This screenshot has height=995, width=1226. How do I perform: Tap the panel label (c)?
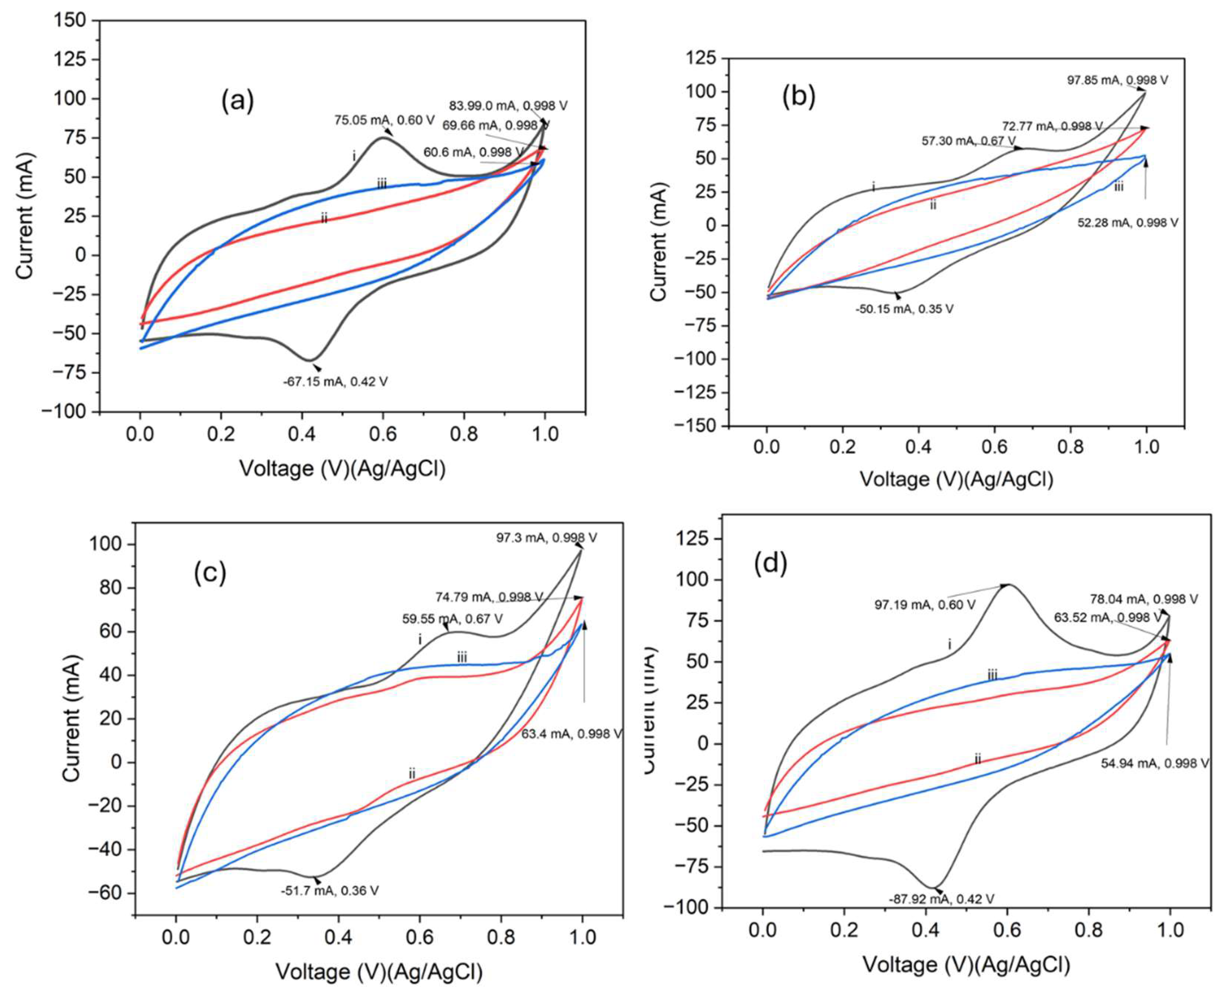pos(210,573)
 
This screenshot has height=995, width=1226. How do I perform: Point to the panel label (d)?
pos(772,564)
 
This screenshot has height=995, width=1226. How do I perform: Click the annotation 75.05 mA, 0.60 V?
pos(384,120)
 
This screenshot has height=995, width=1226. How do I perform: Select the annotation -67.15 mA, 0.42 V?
pos(335,381)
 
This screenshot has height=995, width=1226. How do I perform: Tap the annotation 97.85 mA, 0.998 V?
pos(1117,80)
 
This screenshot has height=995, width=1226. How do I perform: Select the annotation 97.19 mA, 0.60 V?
pos(925,605)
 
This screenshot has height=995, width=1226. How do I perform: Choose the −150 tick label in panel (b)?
pos(696,426)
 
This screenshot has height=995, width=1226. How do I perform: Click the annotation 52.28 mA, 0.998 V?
pos(1127,223)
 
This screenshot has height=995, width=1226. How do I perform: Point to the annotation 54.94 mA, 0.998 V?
pos(1154,764)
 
